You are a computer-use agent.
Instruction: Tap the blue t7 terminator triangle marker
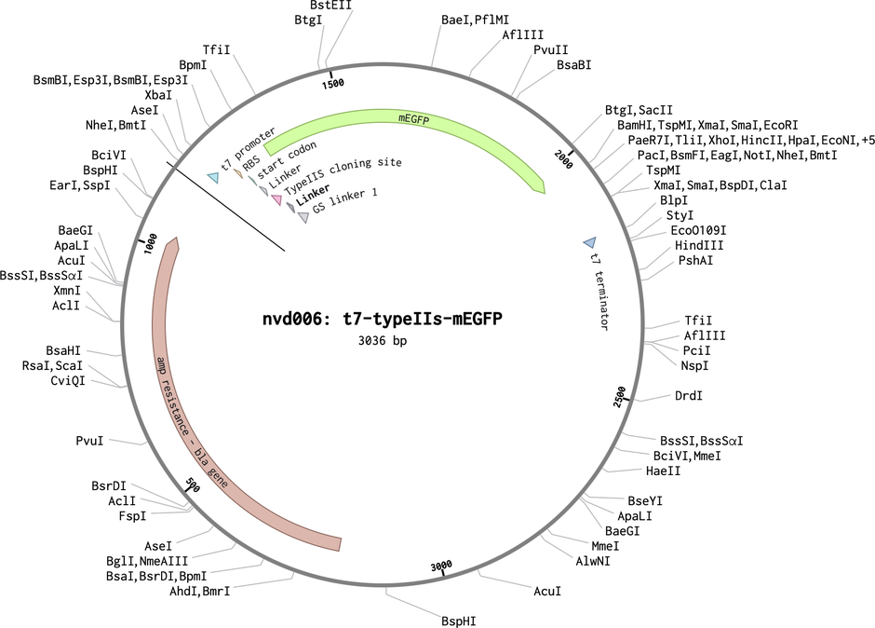[x=590, y=242]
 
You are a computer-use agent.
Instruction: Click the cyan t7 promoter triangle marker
[x=213, y=178]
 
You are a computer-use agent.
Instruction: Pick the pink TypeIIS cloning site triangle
[x=276, y=198]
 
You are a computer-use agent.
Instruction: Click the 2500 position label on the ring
[x=620, y=397]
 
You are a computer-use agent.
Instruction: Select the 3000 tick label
[x=441, y=567]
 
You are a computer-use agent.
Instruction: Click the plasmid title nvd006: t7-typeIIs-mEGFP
[x=383, y=319]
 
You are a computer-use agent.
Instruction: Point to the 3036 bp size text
[x=383, y=340]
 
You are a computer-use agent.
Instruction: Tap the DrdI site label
[x=689, y=396]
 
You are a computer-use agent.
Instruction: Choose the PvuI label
[x=90, y=441]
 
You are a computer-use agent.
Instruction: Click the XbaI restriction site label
[x=158, y=95]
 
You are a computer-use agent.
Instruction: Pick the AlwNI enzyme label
[x=593, y=560]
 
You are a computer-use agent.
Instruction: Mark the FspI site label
[x=132, y=515]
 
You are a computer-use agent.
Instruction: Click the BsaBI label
[x=573, y=65]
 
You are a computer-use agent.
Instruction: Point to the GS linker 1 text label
[x=344, y=201]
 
